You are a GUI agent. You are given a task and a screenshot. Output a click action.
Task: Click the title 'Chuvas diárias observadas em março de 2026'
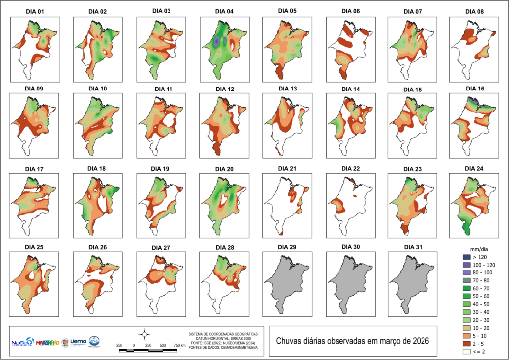point(352,341)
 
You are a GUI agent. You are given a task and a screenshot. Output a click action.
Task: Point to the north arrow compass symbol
point(144,333)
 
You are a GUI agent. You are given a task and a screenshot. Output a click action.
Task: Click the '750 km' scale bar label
point(179,345)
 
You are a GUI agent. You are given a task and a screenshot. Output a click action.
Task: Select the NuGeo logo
point(23,342)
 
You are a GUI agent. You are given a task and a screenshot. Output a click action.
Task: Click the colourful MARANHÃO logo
point(49,343)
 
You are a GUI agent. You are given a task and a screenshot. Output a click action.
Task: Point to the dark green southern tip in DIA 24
point(466,228)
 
